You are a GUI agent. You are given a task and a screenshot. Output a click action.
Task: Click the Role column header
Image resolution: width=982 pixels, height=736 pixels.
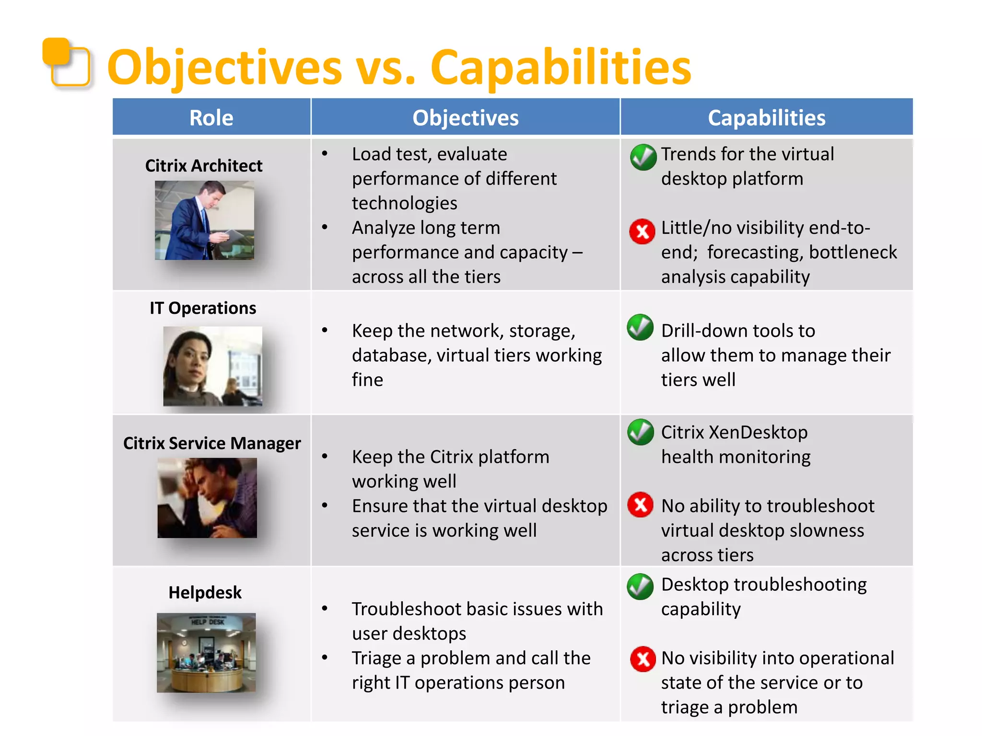pos(211,118)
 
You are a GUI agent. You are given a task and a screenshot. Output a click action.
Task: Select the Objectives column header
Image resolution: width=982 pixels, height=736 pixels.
pos(465,118)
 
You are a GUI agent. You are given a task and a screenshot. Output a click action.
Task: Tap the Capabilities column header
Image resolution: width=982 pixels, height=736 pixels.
pos(766,118)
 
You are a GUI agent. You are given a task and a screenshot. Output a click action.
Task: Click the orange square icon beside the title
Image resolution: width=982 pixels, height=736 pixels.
pos(66,62)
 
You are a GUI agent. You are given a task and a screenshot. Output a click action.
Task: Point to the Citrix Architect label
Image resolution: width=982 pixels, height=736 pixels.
pos(204,166)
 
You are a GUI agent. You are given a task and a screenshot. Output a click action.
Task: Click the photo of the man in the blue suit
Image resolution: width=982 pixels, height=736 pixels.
pos(204,220)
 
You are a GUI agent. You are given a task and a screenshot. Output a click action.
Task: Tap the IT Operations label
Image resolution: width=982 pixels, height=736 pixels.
pos(203,308)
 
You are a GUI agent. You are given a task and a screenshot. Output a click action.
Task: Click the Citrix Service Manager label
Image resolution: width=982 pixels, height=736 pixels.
pos(212,443)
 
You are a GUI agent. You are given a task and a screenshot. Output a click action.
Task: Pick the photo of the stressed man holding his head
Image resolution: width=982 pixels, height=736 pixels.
pos(207,497)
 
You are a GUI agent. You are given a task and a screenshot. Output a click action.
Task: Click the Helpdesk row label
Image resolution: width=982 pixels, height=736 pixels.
pos(205,593)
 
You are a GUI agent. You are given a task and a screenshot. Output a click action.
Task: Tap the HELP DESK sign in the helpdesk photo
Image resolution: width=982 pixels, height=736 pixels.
pos(207,621)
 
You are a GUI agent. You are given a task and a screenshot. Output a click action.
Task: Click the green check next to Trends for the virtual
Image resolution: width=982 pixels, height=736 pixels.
pos(643,157)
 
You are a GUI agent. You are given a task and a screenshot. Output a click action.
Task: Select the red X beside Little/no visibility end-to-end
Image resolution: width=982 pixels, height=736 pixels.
pos(642,231)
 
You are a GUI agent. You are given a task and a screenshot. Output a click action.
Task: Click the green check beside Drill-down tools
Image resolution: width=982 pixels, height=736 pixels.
pos(640,327)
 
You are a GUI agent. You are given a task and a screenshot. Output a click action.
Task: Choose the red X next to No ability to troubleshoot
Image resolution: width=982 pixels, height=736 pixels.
pos(641,505)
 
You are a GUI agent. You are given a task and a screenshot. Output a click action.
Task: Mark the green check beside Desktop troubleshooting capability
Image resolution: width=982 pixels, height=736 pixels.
pos(640,586)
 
